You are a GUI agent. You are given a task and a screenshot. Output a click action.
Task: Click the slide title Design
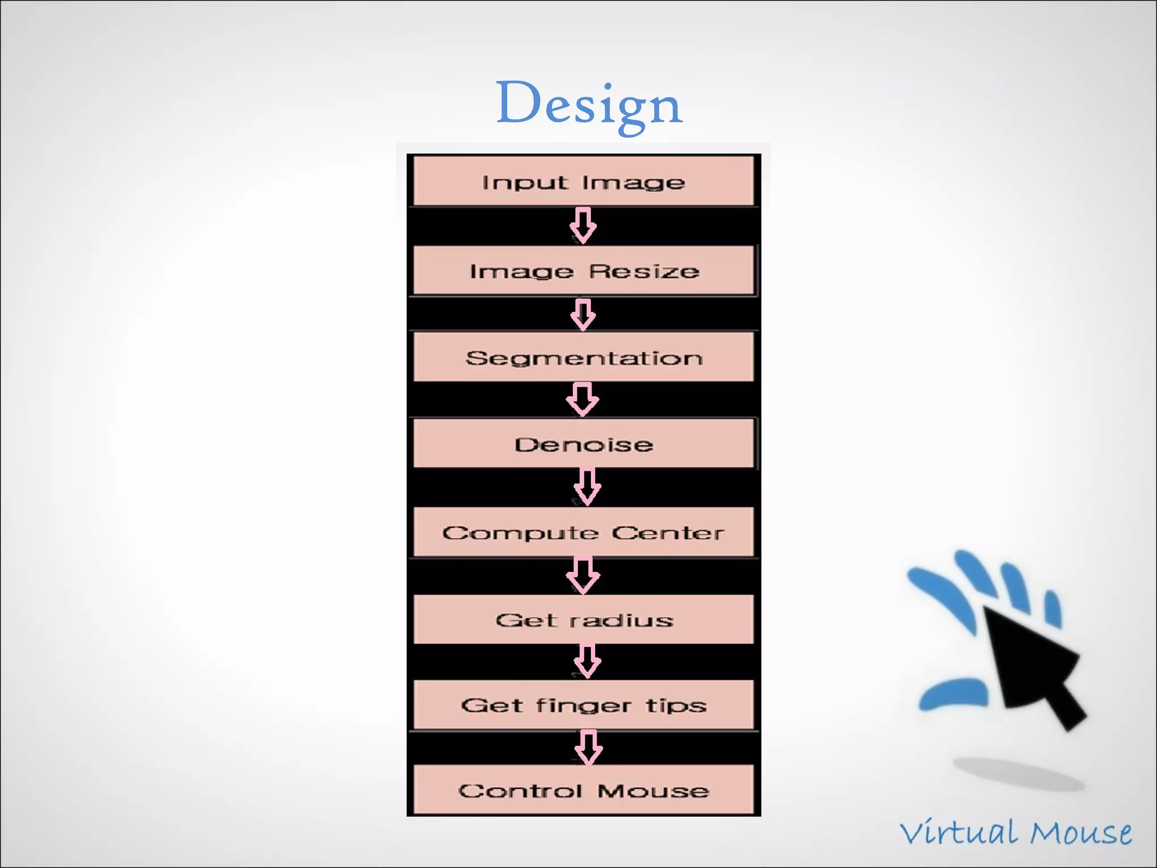click(x=589, y=105)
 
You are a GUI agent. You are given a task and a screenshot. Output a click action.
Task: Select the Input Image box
click(x=584, y=181)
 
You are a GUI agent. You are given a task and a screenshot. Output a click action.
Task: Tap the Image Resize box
click(x=584, y=271)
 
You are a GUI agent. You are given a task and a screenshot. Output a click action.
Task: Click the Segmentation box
click(x=584, y=357)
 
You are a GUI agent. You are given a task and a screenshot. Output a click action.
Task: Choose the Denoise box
click(x=584, y=444)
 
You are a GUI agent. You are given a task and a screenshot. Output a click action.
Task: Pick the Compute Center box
click(x=584, y=532)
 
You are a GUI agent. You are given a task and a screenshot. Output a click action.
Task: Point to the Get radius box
click(x=584, y=619)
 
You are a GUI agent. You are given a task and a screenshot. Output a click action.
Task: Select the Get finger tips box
click(x=584, y=705)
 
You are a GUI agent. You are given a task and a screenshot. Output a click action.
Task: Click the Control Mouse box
click(x=584, y=790)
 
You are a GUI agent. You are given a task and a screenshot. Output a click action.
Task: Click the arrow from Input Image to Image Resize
click(x=583, y=225)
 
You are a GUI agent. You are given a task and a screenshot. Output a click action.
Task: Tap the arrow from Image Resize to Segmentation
click(x=583, y=314)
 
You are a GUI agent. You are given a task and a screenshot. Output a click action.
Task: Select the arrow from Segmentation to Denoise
click(x=582, y=399)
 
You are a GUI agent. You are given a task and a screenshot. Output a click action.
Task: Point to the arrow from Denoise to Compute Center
click(x=587, y=487)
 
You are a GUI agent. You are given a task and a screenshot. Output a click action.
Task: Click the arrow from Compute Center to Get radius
click(x=583, y=575)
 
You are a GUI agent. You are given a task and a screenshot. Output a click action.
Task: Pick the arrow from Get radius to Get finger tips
click(x=587, y=661)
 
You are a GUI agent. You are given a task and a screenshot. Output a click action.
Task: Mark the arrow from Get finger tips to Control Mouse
click(x=588, y=747)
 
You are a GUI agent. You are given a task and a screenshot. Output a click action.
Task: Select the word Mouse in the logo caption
click(x=1080, y=832)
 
